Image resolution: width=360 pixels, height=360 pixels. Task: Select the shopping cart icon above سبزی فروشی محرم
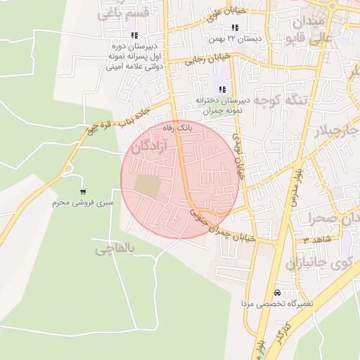click(x=84, y=192)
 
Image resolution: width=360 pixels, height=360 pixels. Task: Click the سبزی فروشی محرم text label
click(x=82, y=202)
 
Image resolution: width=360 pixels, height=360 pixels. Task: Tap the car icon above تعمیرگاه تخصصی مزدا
click(x=277, y=292)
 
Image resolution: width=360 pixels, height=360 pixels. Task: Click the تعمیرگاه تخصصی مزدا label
click(x=276, y=304)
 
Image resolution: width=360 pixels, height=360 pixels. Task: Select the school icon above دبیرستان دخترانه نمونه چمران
click(x=222, y=89)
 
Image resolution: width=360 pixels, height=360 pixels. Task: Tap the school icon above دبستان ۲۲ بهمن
click(x=235, y=27)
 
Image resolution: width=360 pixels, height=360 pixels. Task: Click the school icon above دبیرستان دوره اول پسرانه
click(x=134, y=35)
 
